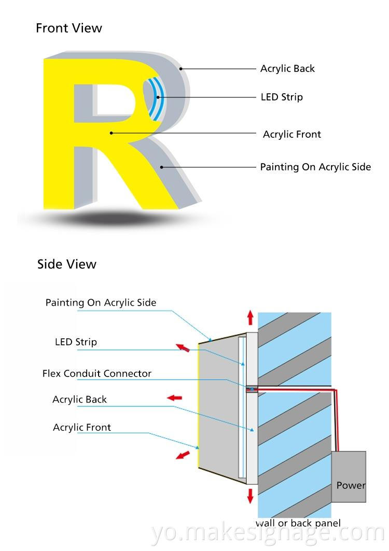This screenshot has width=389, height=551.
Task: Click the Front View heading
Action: click(x=69, y=28)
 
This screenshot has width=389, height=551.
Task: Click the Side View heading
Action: click(x=66, y=264)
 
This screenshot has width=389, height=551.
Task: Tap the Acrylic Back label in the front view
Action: click(x=287, y=68)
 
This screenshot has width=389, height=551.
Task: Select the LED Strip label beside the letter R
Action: click(x=282, y=97)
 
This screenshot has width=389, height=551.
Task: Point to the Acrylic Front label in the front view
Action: click(x=292, y=134)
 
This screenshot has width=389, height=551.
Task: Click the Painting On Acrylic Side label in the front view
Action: click(x=315, y=167)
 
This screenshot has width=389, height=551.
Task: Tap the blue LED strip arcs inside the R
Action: click(x=155, y=97)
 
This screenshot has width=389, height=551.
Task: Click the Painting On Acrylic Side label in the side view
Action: click(x=101, y=302)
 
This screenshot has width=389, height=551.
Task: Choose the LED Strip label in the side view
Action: click(x=76, y=342)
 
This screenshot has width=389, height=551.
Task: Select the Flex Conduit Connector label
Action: click(x=97, y=373)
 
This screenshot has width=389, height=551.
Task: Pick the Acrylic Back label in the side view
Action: click(x=79, y=399)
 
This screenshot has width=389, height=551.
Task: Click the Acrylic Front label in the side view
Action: click(x=82, y=427)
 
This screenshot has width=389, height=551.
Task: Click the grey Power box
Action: click(x=349, y=476)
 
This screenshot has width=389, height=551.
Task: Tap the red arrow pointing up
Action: click(x=251, y=317)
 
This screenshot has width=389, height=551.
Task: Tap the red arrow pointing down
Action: click(x=251, y=496)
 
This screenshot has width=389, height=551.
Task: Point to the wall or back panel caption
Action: click(x=298, y=523)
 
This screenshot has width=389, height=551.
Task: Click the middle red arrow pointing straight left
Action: click(x=174, y=398)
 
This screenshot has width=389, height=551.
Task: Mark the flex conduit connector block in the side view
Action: click(x=252, y=388)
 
